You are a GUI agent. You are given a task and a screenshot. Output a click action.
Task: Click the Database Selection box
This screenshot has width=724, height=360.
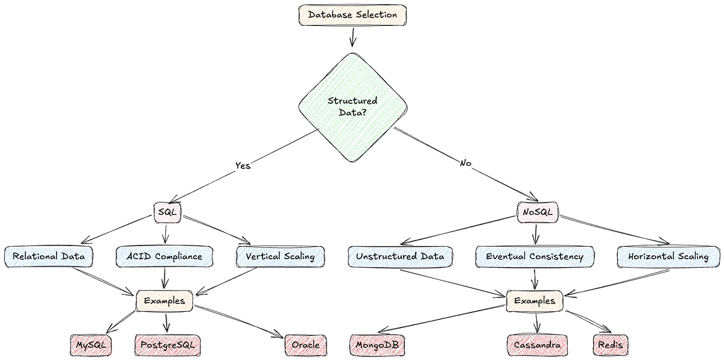tap(352, 15)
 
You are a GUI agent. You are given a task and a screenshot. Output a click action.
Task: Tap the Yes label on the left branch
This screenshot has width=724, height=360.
tap(242, 165)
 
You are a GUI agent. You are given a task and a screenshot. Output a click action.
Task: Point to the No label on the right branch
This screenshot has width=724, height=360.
tap(465, 163)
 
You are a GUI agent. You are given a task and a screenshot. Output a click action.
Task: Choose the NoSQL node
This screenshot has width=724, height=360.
tap(538, 212)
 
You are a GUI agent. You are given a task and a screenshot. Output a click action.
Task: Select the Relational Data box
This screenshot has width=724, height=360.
tap(48, 256)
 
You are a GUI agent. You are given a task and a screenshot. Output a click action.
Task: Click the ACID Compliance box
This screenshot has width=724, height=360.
tap(164, 256)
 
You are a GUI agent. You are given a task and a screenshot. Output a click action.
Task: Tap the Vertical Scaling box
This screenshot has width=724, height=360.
tap(280, 256)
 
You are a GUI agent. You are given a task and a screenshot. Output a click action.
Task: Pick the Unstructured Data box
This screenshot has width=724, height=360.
tap(399, 256)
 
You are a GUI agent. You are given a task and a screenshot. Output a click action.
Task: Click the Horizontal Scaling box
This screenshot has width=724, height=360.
tap(668, 256)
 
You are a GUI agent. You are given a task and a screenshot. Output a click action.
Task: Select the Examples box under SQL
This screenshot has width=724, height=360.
tap(164, 300)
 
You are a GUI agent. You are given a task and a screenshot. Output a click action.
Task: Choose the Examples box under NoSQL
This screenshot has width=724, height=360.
tap(535, 300)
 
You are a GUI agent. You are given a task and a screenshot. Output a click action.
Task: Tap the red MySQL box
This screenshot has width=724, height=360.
tap(91, 345)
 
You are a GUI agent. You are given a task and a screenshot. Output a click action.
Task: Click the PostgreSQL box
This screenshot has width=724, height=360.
tap(167, 345)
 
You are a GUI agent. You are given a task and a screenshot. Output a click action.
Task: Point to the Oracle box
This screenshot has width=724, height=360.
tap(306, 345)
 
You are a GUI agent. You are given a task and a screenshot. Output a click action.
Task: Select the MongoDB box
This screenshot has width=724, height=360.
tap(377, 345)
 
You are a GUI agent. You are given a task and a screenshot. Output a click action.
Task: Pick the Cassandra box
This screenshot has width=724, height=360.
tap(537, 345)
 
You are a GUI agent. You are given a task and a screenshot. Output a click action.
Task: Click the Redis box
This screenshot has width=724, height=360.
tap(611, 345)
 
